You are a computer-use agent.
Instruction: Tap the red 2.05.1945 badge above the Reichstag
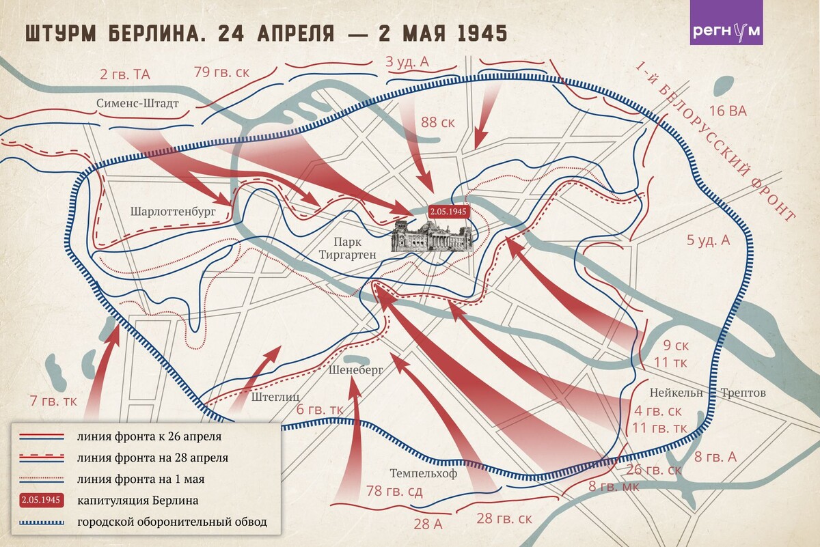(x=448, y=212)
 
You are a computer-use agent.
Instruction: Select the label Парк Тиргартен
(x=345, y=248)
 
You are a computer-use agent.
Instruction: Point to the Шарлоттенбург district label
(x=173, y=211)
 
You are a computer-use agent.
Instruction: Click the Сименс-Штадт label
(x=137, y=104)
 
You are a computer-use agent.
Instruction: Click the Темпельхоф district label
(x=423, y=473)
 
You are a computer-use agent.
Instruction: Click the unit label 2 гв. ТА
(x=124, y=75)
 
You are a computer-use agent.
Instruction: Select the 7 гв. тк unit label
(x=53, y=400)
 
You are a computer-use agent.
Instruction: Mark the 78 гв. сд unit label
(x=394, y=491)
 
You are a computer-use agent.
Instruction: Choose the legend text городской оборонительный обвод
(x=171, y=523)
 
